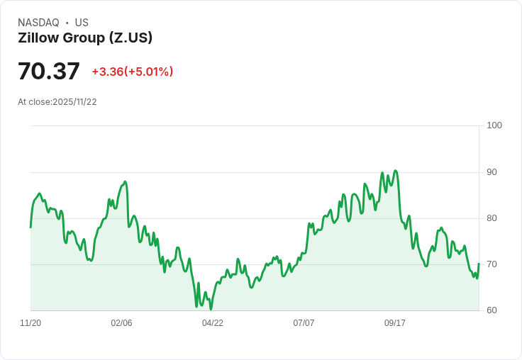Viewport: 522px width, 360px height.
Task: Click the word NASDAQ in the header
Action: [x=38, y=23]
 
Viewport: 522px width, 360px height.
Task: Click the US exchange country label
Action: [x=82, y=23]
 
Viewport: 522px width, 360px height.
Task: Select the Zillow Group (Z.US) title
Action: [x=85, y=38]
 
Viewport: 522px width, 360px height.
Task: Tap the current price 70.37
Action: [x=49, y=72]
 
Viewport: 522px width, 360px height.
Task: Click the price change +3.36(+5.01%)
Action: [x=133, y=72]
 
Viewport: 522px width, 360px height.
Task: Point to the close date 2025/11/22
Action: [x=74, y=102]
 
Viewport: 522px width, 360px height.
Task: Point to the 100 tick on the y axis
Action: [x=494, y=125]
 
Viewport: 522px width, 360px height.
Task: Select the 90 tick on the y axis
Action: [x=492, y=172]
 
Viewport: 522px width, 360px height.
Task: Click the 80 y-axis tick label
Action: [x=492, y=218]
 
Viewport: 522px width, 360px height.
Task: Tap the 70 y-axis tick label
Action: [x=492, y=264]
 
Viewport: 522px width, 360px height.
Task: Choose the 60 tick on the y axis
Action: [x=492, y=310]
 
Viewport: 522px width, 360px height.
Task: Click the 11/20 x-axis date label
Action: [x=30, y=323]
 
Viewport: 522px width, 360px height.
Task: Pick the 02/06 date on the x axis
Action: [x=121, y=323]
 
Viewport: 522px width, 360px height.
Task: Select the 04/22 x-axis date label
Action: [x=213, y=323]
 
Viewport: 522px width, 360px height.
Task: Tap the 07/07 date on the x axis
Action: [x=304, y=323]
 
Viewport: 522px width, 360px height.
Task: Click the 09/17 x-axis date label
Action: [x=395, y=323]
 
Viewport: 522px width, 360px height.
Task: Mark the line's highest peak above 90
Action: [x=395, y=171]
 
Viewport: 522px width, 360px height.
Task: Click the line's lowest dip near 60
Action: [x=211, y=309]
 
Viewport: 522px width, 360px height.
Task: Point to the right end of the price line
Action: [x=479, y=264]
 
